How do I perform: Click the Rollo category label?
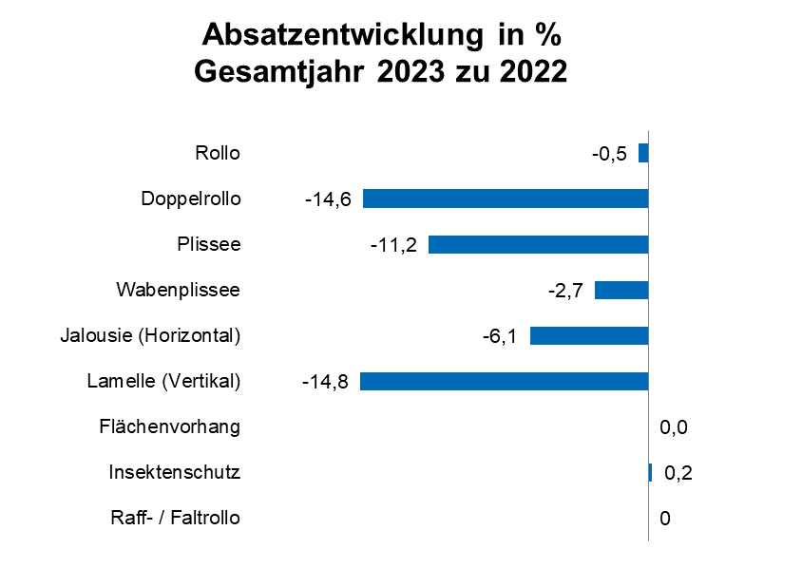click(x=218, y=153)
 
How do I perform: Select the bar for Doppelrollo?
click(x=505, y=199)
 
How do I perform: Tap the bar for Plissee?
click(x=538, y=244)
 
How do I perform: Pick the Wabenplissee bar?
click(x=621, y=290)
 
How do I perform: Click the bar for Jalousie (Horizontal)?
click(x=588, y=335)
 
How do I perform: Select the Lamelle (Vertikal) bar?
click(x=504, y=381)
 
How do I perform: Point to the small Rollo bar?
click(x=643, y=153)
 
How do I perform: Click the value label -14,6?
click(x=328, y=199)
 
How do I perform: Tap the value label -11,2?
click(x=393, y=245)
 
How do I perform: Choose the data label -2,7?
click(x=564, y=291)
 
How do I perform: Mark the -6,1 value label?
click(x=499, y=336)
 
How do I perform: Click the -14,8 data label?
click(x=325, y=382)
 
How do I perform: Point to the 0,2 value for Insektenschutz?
click(x=678, y=473)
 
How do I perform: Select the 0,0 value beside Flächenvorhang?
click(x=673, y=427)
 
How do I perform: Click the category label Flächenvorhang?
click(x=169, y=426)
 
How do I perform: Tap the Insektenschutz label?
click(x=174, y=472)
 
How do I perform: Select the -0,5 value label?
click(x=609, y=154)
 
